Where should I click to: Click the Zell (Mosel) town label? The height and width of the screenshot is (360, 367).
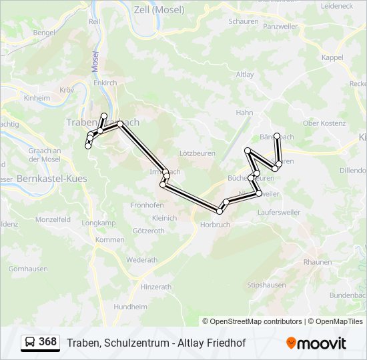coord(159,10)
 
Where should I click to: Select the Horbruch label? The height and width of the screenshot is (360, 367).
coord(215,225)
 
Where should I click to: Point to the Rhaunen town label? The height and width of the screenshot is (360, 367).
coord(317,262)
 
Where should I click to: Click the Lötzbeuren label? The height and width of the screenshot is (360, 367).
coord(198,153)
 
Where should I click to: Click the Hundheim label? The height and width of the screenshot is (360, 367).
coord(130,307)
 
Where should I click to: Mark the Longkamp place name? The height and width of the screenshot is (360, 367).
coord(97,223)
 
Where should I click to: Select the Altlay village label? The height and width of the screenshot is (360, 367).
coord(244,75)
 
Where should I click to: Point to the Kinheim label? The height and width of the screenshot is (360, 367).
coord(37,98)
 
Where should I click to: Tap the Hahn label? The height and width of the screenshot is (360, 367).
coord(244,113)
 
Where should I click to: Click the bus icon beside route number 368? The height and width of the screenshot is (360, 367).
coord(29,343)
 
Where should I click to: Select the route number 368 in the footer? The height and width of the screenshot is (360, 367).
coord(47,342)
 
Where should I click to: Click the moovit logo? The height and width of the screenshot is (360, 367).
coord(316,343)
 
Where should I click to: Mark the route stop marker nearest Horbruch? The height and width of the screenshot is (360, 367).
coord(220,211)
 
